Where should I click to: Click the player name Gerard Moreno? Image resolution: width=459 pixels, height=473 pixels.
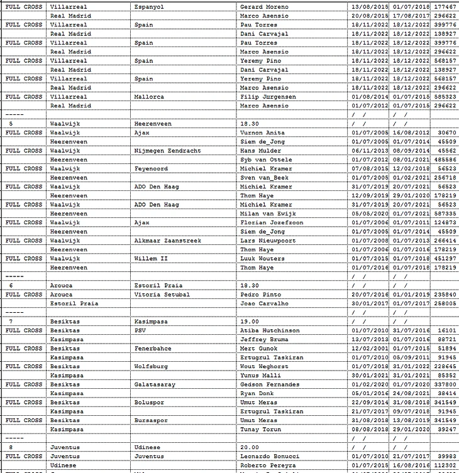pyautogui.click(x=264, y=6)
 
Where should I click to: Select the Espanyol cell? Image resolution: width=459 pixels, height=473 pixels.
pyautogui.click(x=150, y=6)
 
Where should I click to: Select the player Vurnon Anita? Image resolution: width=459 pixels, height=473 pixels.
pyautogui.click(x=263, y=133)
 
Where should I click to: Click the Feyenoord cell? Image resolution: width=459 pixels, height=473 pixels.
pyautogui.click(x=151, y=169)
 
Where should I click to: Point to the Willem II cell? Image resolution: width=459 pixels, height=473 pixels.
pyautogui.click(x=151, y=259)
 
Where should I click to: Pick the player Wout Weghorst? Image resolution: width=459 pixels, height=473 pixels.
pyautogui.click(x=264, y=366)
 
